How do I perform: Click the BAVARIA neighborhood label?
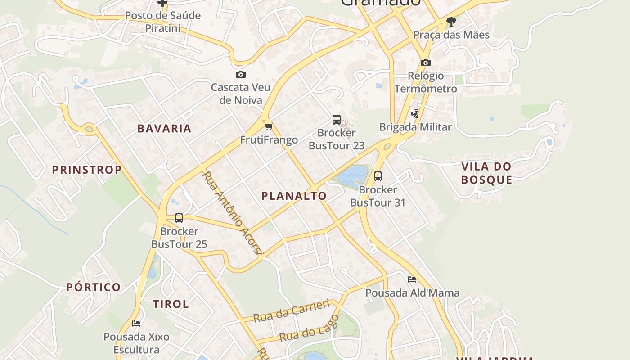tap(164, 129)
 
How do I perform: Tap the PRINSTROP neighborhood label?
tap(87, 170)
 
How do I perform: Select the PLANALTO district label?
tap(294, 196)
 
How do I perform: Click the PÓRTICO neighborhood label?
tap(94, 287)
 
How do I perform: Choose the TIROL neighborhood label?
tap(171, 304)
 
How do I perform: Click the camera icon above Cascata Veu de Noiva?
tap(241, 75)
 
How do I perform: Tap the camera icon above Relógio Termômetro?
tap(426, 63)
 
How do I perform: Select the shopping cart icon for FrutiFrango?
tap(269, 127)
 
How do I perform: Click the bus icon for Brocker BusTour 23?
tap(337, 120)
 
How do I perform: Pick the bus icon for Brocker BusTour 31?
tap(378, 176)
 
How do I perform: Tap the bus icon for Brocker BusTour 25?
tap(179, 219)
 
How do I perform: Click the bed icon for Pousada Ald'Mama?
tap(412, 279)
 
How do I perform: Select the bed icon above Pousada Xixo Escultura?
tap(136, 324)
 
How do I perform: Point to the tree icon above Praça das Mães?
tap(451, 21)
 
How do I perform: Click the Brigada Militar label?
tap(415, 127)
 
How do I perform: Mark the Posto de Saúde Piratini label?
tap(162, 22)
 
